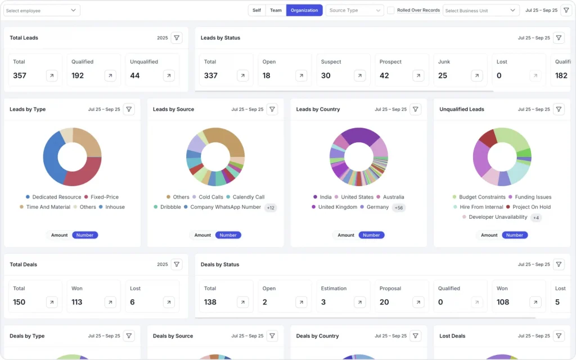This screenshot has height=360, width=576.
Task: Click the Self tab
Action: (256, 10)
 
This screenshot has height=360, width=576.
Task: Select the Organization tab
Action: (304, 10)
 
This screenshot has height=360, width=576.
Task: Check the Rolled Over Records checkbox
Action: (390, 10)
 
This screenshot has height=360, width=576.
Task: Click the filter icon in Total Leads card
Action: (177, 38)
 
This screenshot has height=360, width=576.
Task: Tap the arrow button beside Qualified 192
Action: (110, 75)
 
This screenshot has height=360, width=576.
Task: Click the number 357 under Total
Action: (20, 75)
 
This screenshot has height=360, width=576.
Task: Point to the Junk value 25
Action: (443, 75)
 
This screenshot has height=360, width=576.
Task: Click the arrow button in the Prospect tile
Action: (418, 75)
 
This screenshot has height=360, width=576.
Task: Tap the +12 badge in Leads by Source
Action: (271, 208)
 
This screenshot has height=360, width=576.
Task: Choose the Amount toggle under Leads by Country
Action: (346, 235)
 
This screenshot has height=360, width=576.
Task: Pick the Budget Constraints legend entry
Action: (479, 197)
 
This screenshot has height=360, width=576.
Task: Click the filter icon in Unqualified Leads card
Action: (559, 109)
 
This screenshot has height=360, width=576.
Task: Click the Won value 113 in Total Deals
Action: (77, 302)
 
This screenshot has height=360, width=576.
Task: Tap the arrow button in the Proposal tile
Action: (418, 302)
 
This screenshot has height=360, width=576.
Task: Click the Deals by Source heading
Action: (173, 336)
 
